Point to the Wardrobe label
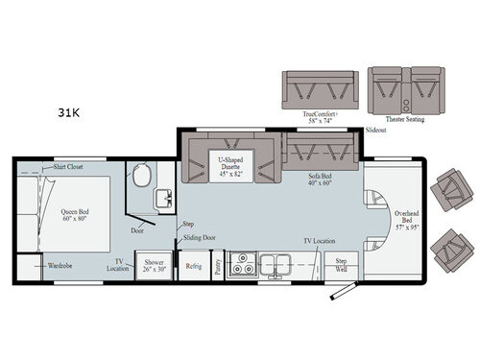coord(60,264)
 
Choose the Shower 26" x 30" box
coord(156,266)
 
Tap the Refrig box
coord(194,267)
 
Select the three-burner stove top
coord(244,263)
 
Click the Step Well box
coord(340,265)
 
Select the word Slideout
coord(377,131)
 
